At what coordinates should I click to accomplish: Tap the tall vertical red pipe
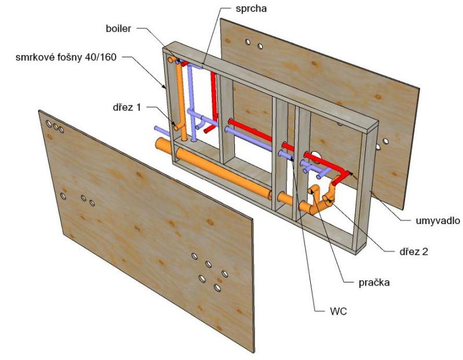point(214,95)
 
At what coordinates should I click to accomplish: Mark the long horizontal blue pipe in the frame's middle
point(249,139)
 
